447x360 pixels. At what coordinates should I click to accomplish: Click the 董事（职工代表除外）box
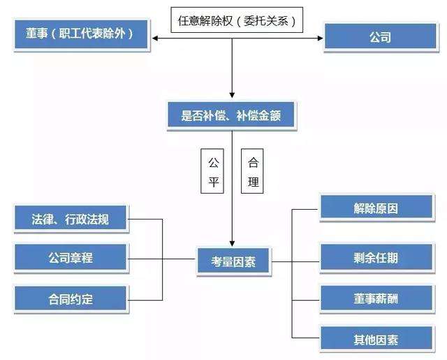[x=81, y=34]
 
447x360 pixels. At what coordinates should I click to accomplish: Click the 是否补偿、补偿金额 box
[x=230, y=115]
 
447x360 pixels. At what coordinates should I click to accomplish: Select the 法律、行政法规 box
[x=71, y=219]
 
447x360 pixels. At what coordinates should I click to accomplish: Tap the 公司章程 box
[x=71, y=258]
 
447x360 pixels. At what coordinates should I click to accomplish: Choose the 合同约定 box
[x=71, y=299]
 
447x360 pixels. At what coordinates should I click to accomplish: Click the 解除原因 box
[x=376, y=208]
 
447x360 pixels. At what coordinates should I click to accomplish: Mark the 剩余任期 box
[x=376, y=257]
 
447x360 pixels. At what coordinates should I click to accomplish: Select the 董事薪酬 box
[x=376, y=299]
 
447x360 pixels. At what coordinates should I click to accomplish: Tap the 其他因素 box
[x=376, y=340]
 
